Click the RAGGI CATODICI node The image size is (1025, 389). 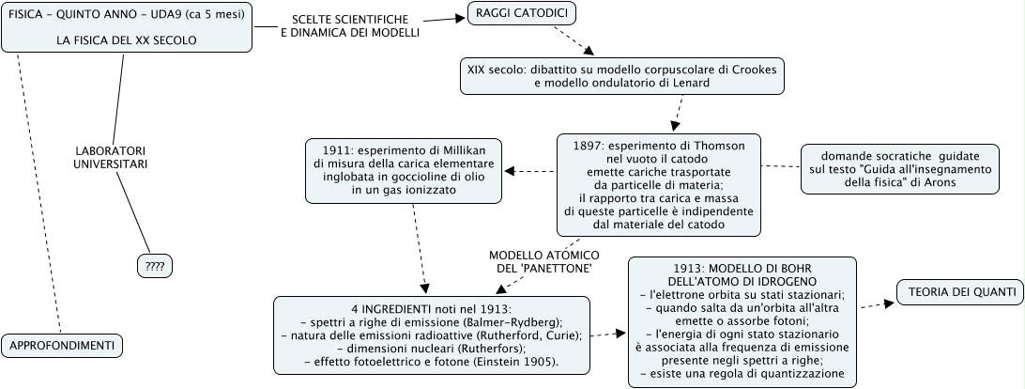(x=521, y=13)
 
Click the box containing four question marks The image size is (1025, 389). (x=155, y=267)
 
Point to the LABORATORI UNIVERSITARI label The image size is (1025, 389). (x=111, y=157)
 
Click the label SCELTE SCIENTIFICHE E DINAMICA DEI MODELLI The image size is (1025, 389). (x=349, y=25)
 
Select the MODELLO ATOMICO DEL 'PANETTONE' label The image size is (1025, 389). (x=543, y=261)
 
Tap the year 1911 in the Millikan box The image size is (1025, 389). (x=338, y=150)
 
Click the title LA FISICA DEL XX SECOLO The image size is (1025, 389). (x=126, y=41)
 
